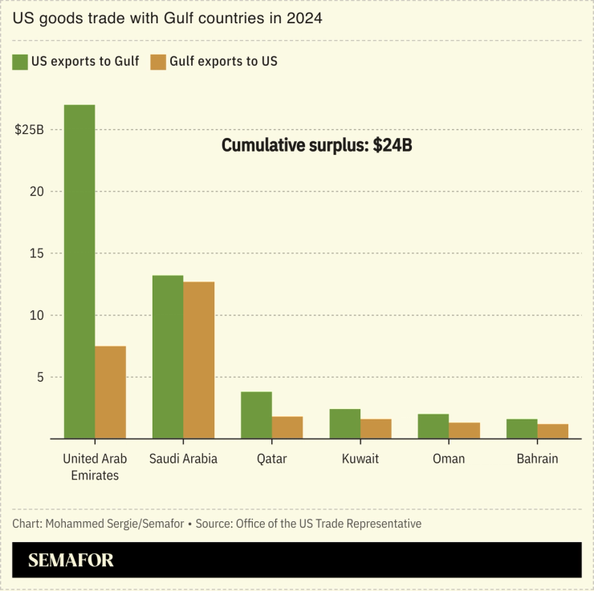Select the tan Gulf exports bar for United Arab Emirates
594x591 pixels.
111,392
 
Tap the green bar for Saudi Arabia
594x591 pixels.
168,357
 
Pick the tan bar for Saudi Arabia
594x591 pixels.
199,360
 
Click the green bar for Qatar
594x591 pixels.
256,415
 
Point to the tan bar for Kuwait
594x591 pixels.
376,428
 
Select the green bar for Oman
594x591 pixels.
433,426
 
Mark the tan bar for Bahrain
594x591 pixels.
553,431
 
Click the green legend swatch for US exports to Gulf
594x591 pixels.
21,62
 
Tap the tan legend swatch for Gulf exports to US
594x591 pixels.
158,62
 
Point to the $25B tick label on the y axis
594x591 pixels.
29,130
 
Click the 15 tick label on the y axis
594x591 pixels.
36,253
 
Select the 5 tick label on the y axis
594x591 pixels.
39,377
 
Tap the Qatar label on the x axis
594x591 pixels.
271,459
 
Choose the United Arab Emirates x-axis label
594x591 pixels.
95,467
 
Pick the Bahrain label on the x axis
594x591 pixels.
537,459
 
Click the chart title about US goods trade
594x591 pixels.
167,18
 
